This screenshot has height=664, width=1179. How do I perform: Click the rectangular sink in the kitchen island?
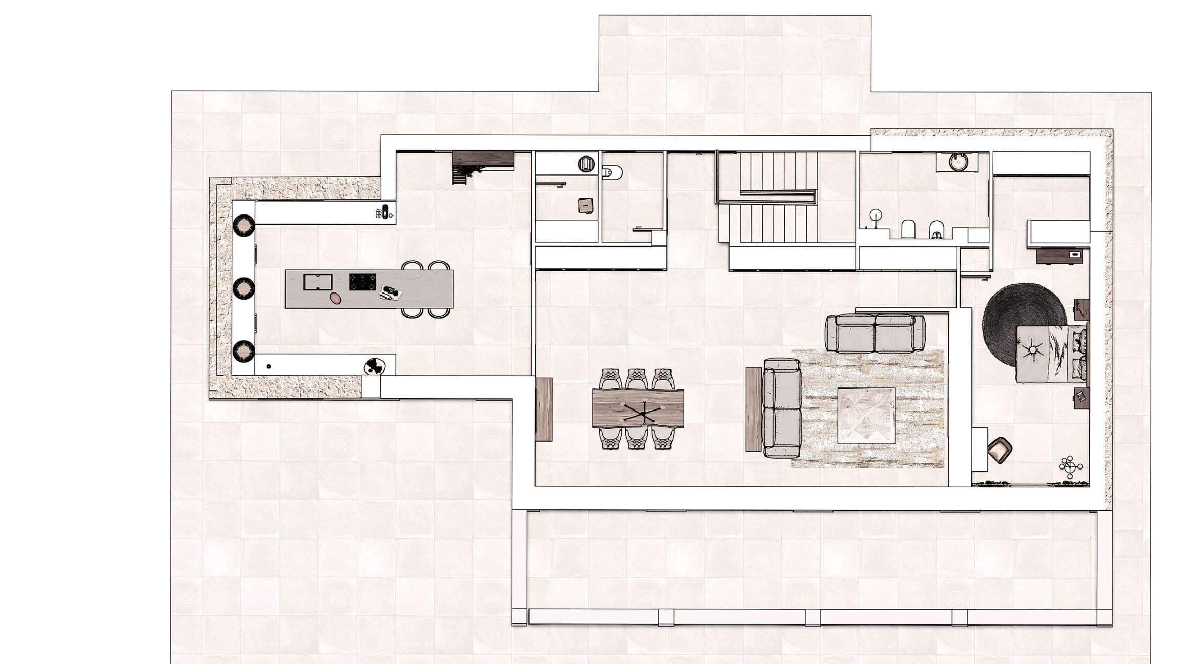pyautogui.click(x=318, y=282)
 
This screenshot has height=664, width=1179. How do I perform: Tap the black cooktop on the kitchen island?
pyautogui.click(x=362, y=282)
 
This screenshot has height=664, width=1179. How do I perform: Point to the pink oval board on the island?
pyautogui.click(x=335, y=298)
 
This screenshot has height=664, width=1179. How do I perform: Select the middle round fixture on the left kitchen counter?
pyautogui.click(x=243, y=288)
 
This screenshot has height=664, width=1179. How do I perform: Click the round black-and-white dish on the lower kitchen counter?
pyautogui.click(x=375, y=366)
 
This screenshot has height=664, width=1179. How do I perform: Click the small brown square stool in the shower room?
pyautogui.click(x=585, y=205)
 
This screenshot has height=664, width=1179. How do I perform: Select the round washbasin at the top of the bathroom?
pyautogui.click(x=957, y=162)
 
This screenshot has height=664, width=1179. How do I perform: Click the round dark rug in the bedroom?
pyautogui.click(x=1005, y=323)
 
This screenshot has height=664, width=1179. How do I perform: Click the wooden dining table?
pyautogui.click(x=638, y=408)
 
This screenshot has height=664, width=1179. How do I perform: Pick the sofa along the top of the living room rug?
pyautogui.click(x=875, y=334)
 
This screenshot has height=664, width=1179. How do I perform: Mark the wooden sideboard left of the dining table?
pyautogui.click(x=544, y=409)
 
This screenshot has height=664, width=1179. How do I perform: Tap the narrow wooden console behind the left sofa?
pyautogui.click(x=754, y=409)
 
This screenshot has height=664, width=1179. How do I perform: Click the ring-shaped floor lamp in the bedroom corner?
pyautogui.click(x=1070, y=466)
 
